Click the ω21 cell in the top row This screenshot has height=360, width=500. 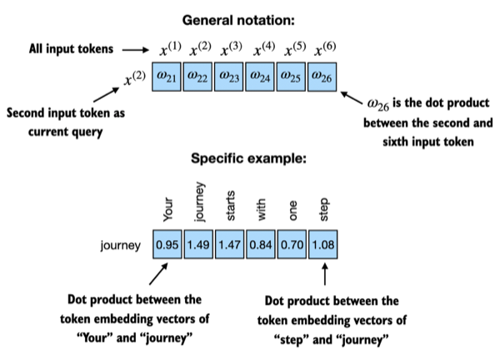coord(168,77)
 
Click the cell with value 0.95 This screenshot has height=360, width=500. coord(168,246)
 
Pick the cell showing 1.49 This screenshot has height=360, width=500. coord(199,246)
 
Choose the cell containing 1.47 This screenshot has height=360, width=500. coord(230,246)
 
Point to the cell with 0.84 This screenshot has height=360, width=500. coord(261,246)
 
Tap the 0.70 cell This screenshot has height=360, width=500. coord(292,246)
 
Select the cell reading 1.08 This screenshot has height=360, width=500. coord(322,246)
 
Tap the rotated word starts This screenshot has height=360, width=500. coord(231,206)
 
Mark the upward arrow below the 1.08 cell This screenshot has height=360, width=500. coord(323,275)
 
